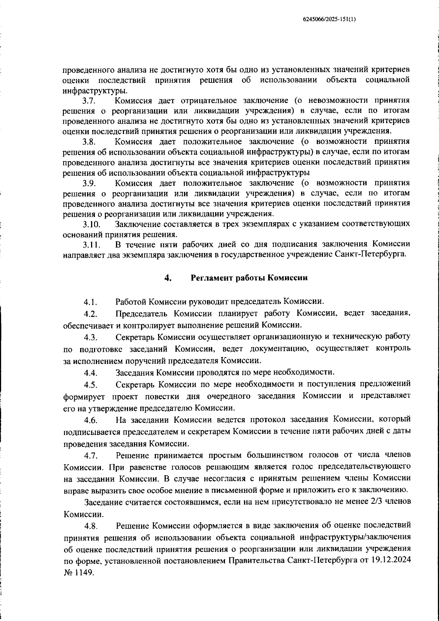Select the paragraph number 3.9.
click(x=89, y=183)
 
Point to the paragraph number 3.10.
click(x=91, y=224)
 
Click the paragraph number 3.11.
click(x=91, y=245)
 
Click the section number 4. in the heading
click(x=168, y=278)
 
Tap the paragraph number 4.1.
click(x=90, y=302)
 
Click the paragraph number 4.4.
click(x=90, y=373)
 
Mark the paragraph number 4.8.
click(x=90, y=527)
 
